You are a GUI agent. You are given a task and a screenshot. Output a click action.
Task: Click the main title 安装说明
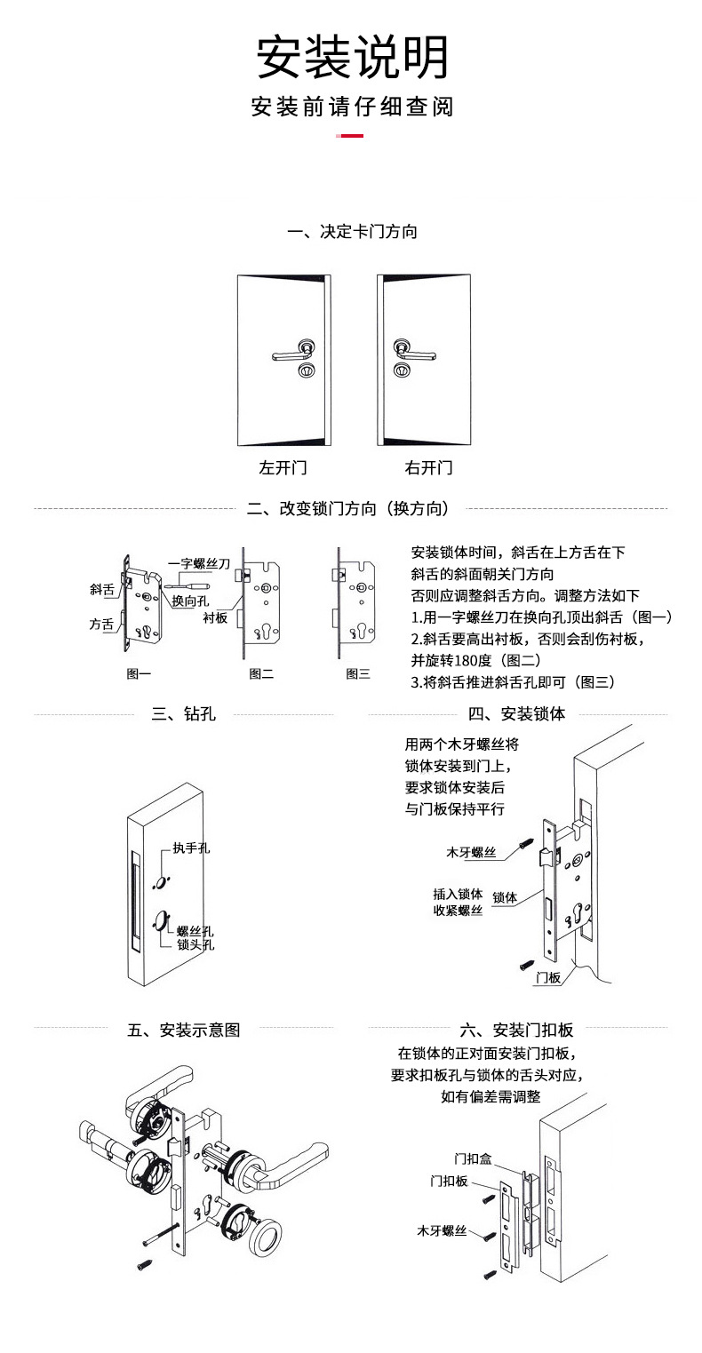point(352,57)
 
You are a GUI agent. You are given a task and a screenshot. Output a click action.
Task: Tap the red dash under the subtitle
point(349,136)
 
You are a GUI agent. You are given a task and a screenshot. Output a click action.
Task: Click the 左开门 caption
point(283,467)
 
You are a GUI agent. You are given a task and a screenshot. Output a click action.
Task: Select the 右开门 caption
point(428,467)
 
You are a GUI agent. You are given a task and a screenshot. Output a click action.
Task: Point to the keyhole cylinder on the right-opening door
point(401,370)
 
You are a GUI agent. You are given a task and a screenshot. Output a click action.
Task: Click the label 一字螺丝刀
point(199,563)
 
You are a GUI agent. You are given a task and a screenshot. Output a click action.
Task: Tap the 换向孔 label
point(190,601)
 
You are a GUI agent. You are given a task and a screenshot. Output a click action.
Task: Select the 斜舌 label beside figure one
point(102,590)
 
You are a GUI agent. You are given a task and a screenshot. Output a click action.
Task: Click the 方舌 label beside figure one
point(101,624)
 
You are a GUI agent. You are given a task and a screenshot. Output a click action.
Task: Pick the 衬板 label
point(215,617)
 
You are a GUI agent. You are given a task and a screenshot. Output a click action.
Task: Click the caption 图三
point(358,673)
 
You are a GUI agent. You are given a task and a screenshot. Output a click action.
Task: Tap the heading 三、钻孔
point(183,714)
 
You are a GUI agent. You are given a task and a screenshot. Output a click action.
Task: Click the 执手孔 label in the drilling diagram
point(192,848)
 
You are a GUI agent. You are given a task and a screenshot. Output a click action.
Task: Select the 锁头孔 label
point(195,944)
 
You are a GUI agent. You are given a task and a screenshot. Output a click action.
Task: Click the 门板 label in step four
point(548,977)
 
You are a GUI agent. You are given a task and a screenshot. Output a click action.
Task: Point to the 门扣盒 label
point(473,1159)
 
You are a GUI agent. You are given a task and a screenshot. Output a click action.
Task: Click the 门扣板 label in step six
point(449,1181)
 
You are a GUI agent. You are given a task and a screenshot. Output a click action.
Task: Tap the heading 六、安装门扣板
point(516,1030)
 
